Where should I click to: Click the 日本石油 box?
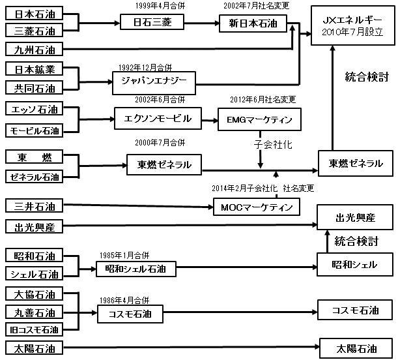[x=34, y=14]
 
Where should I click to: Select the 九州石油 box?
[x=34, y=49]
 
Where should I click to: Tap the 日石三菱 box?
[x=152, y=22]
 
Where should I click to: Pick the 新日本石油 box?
[x=253, y=23]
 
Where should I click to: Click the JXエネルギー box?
[x=353, y=26]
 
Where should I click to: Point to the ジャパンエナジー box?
[x=154, y=83]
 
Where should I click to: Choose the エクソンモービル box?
[x=158, y=119]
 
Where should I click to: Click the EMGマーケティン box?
[x=259, y=119]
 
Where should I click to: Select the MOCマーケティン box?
[x=257, y=207]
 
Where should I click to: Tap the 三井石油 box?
[x=34, y=206]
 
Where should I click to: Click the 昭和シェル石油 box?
[x=136, y=269]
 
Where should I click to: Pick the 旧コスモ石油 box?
[x=34, y=330]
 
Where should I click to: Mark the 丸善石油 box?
[x=34, y=312]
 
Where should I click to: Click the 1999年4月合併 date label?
[x=160, y=6]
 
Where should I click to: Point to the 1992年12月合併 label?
[x=145, y=68]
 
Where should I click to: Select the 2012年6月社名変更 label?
[x=263, y=99]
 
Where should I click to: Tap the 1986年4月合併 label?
[x=124, y=300]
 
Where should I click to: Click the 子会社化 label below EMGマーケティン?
[x=273, y=145]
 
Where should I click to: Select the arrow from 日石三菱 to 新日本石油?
[x=201, y=23]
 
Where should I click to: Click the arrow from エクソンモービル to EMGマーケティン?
[x=210, y=120]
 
